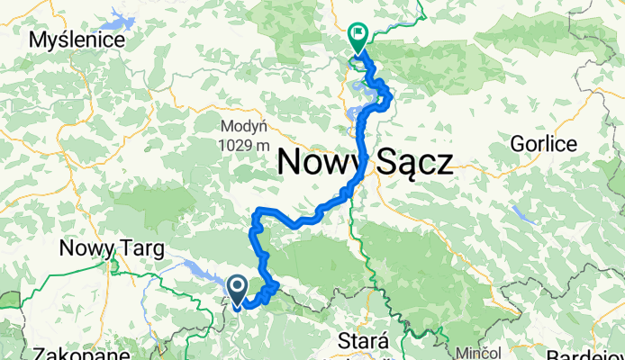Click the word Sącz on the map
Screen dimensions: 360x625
click(415, 163)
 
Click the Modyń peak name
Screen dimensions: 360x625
click(243, 125)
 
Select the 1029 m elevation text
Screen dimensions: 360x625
click(243, 144)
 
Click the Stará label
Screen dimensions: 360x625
click(363, 341)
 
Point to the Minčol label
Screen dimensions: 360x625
click(476, 348)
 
